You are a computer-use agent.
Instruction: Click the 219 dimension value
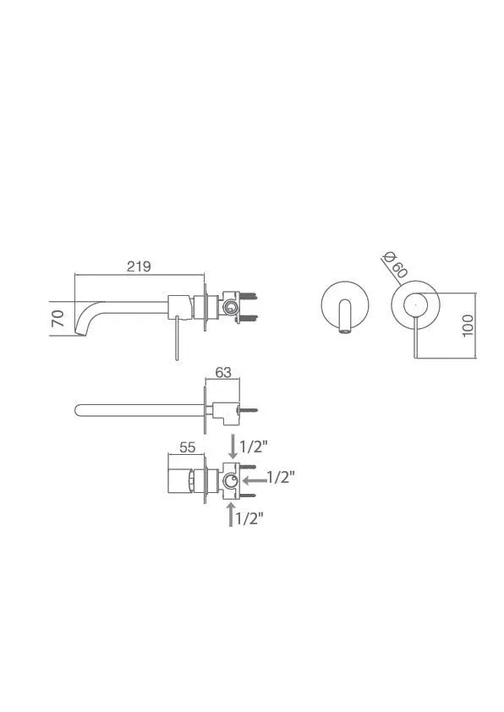[x=139, y=266]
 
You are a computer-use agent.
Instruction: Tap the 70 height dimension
[x=58, y=318]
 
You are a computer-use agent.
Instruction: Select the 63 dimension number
[x=223, y=372]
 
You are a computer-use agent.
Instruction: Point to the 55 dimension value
[x=187, y=447]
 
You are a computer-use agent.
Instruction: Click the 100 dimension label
[x=468, y=326]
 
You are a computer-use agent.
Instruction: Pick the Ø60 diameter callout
[x=394, y=265]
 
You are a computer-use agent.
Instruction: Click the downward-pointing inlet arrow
[x=233, y=446]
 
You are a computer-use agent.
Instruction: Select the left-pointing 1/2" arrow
[x=255, y=479]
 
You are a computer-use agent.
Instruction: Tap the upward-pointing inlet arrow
[x=232, y=513]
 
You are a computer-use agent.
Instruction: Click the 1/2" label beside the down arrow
[x=252, y=446]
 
